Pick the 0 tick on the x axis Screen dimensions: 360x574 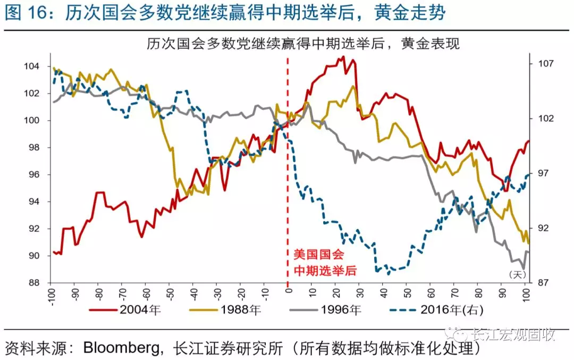tap(289, 291)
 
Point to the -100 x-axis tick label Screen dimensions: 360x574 tap(52, 294)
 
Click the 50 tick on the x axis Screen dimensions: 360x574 tap(407, 292)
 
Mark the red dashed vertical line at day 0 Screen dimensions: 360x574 tap(288, 160)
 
